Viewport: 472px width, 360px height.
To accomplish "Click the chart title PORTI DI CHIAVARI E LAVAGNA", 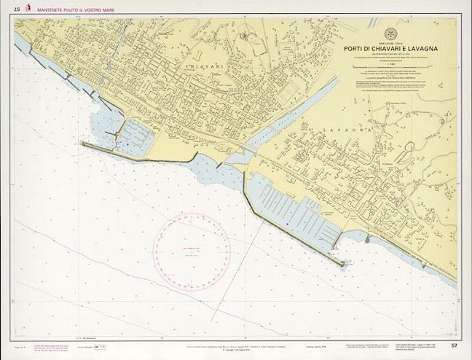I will (391, 49).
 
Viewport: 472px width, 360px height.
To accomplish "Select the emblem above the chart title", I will (391, 33).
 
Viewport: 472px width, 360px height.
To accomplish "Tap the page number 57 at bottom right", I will (454, 345).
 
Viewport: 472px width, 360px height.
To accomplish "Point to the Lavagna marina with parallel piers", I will (299, 211).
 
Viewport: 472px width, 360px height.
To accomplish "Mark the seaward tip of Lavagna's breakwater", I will (342, 264).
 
